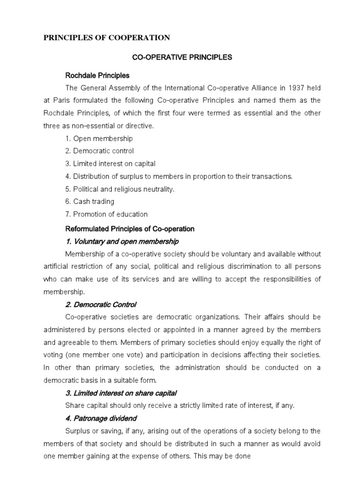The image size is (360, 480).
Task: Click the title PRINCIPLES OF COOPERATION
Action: (106, 37)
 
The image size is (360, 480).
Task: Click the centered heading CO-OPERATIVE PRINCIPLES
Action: (182, 58)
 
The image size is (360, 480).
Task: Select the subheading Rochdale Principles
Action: (97, 75)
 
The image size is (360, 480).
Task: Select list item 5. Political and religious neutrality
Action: (120, 189)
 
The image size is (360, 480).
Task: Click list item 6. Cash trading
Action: (90, 202)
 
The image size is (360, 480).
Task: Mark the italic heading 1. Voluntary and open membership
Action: (122, 241)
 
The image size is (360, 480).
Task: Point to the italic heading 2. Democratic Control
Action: (101, 304)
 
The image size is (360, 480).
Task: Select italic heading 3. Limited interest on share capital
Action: (121, 393)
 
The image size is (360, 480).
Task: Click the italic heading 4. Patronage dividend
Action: (101, 418)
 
